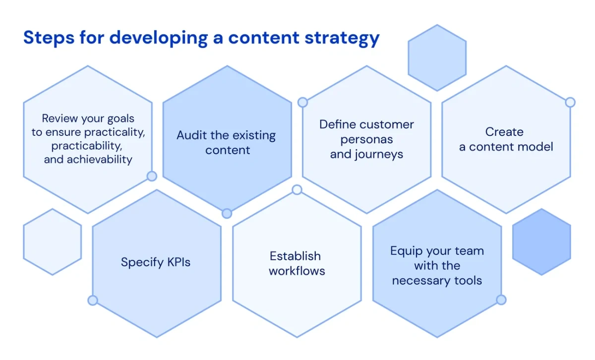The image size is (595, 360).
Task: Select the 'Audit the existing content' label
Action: pos(226,142)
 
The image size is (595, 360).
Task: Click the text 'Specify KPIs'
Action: pos(156,262)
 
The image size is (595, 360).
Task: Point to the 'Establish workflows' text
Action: pos(297,263)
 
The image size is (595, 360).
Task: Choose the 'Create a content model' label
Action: pos(506,139)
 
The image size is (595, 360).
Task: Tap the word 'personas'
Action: pos(366,139)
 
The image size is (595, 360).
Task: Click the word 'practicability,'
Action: pos(87,146)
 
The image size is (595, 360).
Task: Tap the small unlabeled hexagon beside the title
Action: pos(437,58)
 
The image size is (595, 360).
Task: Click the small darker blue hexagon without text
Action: pos(541,242)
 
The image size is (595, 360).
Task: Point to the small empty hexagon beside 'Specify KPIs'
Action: pos(52,242)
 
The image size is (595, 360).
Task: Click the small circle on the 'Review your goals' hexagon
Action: pos(152,176)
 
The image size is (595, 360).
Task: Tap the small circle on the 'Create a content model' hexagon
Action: pos(570,102)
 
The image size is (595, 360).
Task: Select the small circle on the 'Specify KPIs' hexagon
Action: pos(92,300)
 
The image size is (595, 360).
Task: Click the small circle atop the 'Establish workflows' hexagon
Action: pos(297,190)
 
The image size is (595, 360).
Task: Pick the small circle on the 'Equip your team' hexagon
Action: pos(501,300)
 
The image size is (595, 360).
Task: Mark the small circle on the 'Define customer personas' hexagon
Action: pos(302,102)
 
